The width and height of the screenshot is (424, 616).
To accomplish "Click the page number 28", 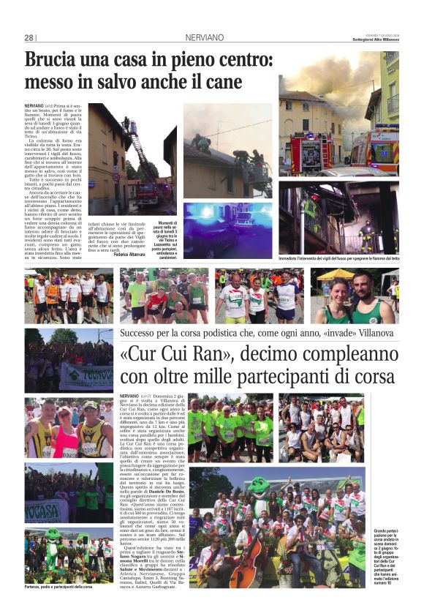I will click(29, 37).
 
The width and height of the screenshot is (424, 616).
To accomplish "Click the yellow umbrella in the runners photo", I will click(335, 274).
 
